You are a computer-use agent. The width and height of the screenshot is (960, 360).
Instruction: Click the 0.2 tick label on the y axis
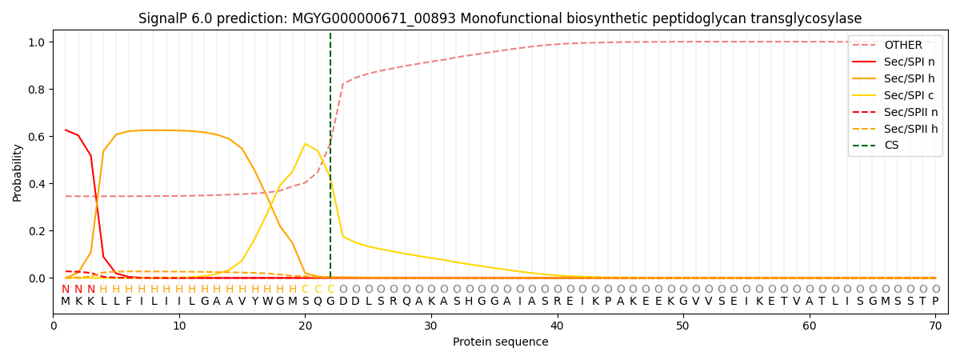pos(37,231)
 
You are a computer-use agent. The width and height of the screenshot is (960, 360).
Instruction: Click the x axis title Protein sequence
pos(500,342)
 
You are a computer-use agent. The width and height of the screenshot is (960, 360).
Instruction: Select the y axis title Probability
pos(18,172)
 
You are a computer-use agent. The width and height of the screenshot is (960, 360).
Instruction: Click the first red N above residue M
pos(66,290)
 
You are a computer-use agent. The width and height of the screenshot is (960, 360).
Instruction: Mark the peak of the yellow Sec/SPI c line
pos(305,144)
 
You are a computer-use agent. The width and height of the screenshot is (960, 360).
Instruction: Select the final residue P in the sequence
pos(934,302)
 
